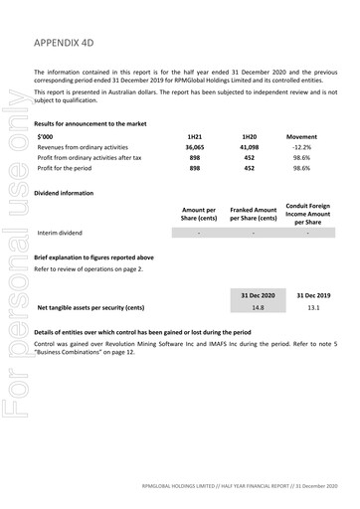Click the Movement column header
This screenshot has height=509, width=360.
[301, 135]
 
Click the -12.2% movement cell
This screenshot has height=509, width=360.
[301, 146]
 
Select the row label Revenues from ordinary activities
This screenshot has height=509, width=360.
[84, 146]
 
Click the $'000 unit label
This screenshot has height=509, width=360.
[46, 135]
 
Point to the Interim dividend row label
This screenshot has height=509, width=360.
[60, 233]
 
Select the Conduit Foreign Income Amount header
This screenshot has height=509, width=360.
[307, 213]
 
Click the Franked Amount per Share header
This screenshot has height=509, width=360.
[253, 214]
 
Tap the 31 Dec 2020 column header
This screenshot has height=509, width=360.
[258, 295]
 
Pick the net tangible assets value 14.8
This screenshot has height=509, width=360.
[258, 308]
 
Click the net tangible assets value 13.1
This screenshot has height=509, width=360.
[312, 308]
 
